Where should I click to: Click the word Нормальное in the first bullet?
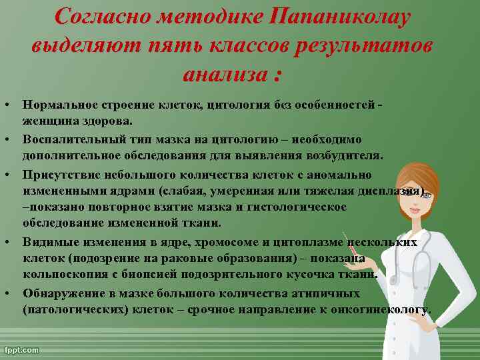pyautogui.click(x=59, y=105)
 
